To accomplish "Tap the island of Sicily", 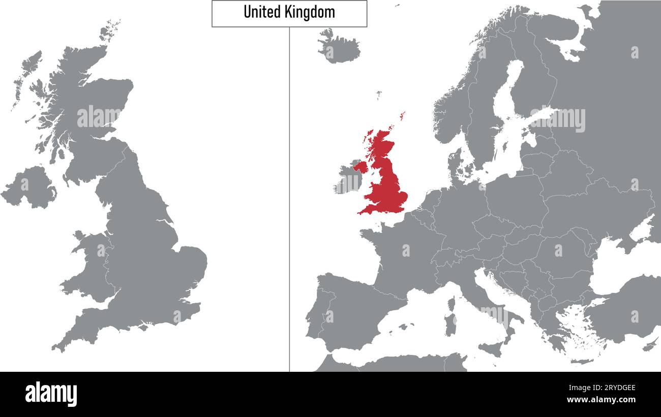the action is (490, 348).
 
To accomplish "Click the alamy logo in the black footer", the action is (51, 395).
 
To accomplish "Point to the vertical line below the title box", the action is (289, 203).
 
